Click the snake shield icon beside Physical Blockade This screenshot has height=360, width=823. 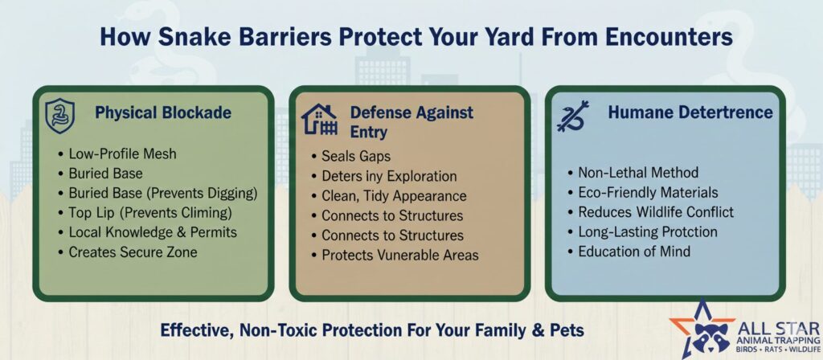[x=59, y=116]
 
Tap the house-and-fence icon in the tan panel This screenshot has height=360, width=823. [x=318, y=119]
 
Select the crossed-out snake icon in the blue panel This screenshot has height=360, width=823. [x=572, y=116]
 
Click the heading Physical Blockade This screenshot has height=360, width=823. [x=162, y=112]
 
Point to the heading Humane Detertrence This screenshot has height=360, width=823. [x=690, y=112]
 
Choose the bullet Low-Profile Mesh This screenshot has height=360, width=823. [x=122, y=153]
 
